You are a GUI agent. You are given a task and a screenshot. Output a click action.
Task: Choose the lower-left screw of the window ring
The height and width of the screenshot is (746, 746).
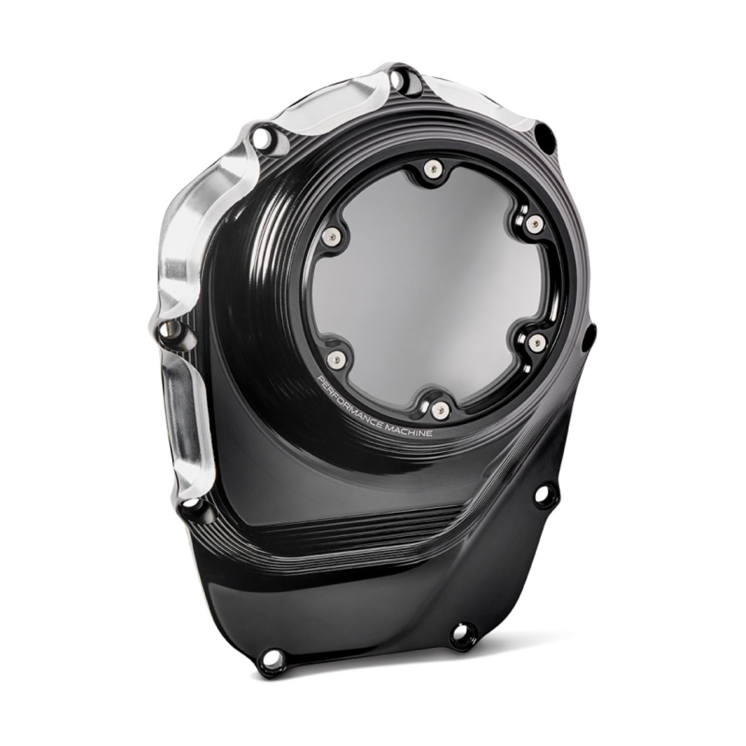335,358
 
